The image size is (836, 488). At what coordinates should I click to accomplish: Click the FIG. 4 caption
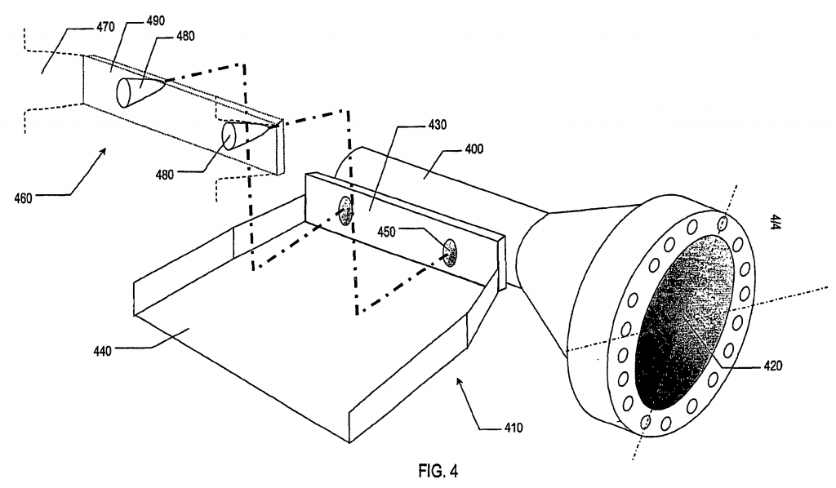[438, 472]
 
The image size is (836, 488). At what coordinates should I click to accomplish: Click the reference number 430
[438, 125]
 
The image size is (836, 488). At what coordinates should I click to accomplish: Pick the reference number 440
[102, 351]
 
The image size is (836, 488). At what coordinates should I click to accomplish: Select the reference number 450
[386, 232]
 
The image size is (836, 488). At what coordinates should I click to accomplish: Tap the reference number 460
[22, 199]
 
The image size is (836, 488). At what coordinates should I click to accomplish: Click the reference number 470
[105, 26]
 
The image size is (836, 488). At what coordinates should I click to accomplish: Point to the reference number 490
[155, 20]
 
